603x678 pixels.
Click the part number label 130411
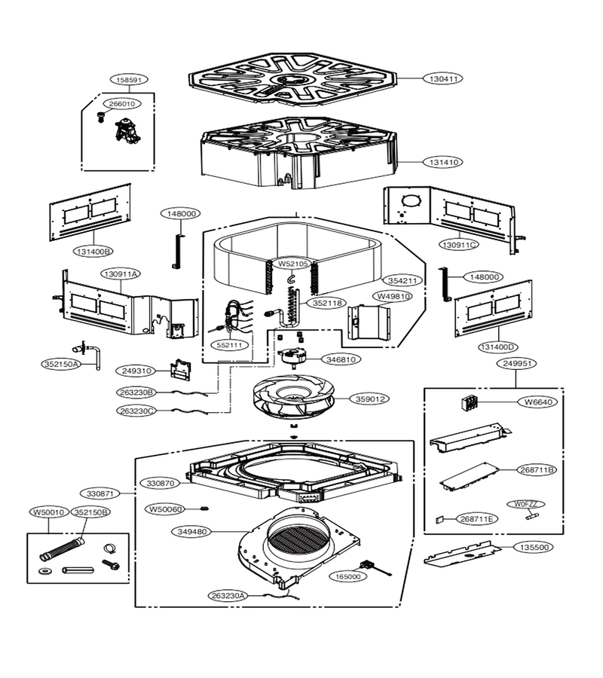[443, 78]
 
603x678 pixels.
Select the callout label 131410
[443, 162]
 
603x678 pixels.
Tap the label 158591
[129, 80]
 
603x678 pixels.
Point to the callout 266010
[121, 104]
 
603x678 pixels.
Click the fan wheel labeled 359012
[293, 396]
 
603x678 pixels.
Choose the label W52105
[293, 264]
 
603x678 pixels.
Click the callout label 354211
[402, 281]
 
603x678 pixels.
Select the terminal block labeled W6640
[470, 404]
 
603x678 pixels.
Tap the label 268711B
[537, 470]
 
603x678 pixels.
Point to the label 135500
[534, 548]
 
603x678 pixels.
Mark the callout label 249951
[516, 364]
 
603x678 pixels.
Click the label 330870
[161, 483]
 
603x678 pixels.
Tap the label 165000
[347, 576]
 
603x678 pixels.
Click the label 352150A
[61, 364]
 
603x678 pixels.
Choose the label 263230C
[136, 411]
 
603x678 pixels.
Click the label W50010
[48, 512]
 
